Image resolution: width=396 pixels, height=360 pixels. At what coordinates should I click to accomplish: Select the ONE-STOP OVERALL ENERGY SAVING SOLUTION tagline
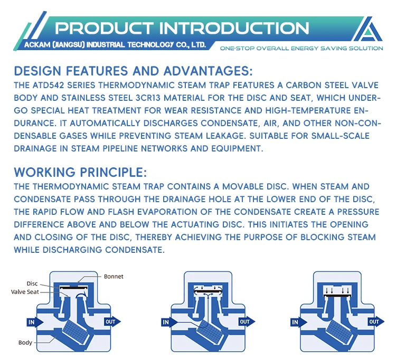(x=301, y=49)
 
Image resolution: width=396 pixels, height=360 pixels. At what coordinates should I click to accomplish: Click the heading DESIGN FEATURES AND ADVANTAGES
(x=133, y=71)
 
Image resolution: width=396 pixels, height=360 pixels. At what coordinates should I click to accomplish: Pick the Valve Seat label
(x=25, y=291)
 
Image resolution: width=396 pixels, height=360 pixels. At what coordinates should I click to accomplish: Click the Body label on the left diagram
(x=25, y=342)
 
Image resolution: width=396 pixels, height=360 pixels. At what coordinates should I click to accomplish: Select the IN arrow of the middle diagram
(x=167, y=322)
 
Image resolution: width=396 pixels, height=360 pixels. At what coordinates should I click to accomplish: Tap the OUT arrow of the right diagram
(x=374, y=321)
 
